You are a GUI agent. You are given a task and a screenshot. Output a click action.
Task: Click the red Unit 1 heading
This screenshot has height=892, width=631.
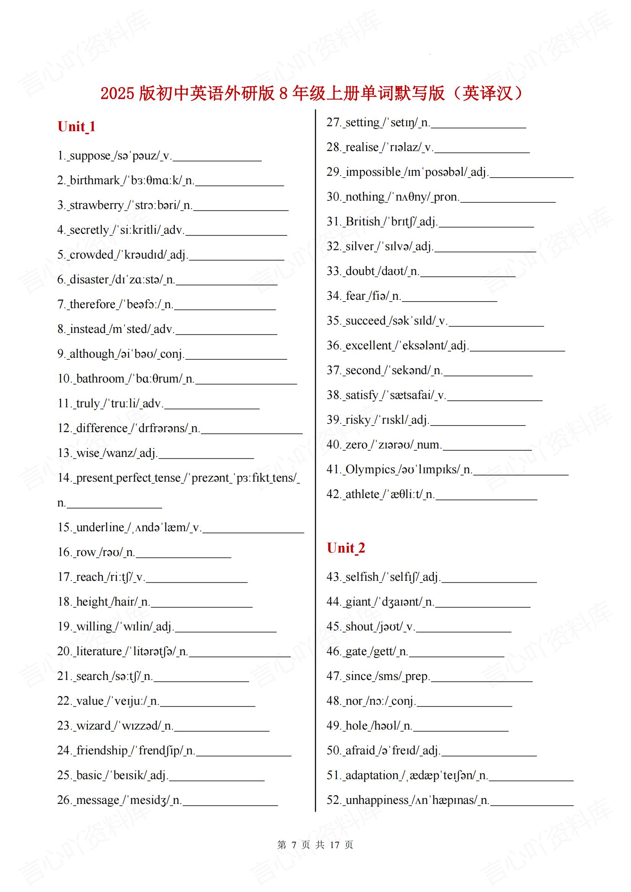(76, 127)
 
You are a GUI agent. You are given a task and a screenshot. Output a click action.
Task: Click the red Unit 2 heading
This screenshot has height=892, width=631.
(345, 548)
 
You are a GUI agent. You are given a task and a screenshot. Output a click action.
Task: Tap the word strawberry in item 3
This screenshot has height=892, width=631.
(97, 205)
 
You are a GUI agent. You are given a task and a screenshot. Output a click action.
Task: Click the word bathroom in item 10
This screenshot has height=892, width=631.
(100, 378)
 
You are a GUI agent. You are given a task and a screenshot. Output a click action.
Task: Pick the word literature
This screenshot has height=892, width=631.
(99, 651)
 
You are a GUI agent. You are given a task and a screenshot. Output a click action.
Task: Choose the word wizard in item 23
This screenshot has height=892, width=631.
(93, 725)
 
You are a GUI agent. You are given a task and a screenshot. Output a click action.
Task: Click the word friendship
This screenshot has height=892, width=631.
(102, 750)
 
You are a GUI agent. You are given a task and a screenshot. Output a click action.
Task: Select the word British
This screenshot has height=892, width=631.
(362, 222)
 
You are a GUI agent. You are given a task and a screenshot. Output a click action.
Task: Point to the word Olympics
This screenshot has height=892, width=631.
(370, 469)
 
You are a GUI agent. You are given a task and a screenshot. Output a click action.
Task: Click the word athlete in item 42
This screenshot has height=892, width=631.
(362, 494)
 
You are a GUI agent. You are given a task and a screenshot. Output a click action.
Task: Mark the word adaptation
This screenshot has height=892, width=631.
(372, 775)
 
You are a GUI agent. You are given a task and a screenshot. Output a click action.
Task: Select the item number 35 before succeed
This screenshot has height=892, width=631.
(333, 320)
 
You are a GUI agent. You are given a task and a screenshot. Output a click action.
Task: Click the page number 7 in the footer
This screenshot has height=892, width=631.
(294, 845)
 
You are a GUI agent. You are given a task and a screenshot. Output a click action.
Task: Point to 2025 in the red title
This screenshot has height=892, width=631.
(118, 94)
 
